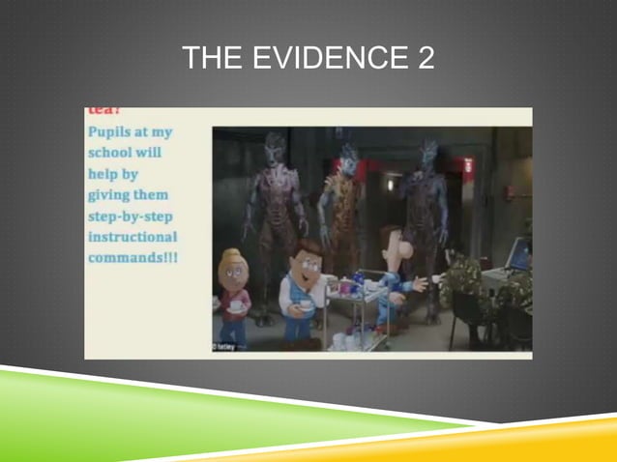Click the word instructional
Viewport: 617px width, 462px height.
click(x=132, y=237)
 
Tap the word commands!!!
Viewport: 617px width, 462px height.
click(x=133, y=258)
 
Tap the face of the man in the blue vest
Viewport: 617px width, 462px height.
click(x=308, y=256)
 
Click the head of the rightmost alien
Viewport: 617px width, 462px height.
click(x=426, y=155)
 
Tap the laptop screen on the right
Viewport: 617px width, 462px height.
click(x=519, y=254)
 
